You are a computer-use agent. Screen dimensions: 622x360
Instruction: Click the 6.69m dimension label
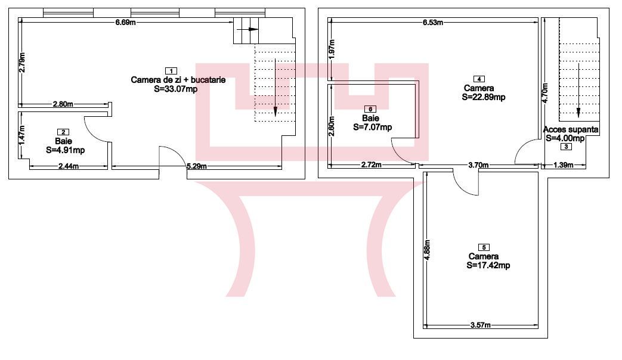click(125, 22)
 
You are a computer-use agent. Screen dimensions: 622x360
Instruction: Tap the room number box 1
click(171, 71)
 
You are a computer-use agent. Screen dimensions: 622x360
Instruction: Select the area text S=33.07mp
click(176, 89)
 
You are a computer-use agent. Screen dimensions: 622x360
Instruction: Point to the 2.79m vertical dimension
click(23, 63)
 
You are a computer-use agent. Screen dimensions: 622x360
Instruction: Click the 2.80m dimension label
click(63, 104)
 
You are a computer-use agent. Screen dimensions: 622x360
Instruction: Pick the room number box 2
click(63, 132)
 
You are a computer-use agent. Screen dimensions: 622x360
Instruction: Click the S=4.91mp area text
click(66, 150)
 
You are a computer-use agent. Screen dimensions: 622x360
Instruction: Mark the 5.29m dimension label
click(197, 166)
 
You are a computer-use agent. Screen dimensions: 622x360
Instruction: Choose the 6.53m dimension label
click(433, 22)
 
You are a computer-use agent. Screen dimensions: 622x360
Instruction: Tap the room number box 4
click(479, 79)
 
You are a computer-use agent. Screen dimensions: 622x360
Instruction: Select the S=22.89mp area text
click(484, 97)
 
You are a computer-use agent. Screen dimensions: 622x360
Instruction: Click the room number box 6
click(370, 109)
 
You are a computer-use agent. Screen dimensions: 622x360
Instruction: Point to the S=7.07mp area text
click(373, 128)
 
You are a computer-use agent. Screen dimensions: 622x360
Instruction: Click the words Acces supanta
click(571, 130)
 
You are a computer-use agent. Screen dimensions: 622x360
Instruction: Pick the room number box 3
click(566, 147)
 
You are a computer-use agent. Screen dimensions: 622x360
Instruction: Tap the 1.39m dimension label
click(564, 165)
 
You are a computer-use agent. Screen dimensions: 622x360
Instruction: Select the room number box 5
click(484, 247)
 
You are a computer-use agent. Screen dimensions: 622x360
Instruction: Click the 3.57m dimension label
click(481, 325)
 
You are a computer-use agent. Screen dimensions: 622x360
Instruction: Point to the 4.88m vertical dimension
click(427, 250)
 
